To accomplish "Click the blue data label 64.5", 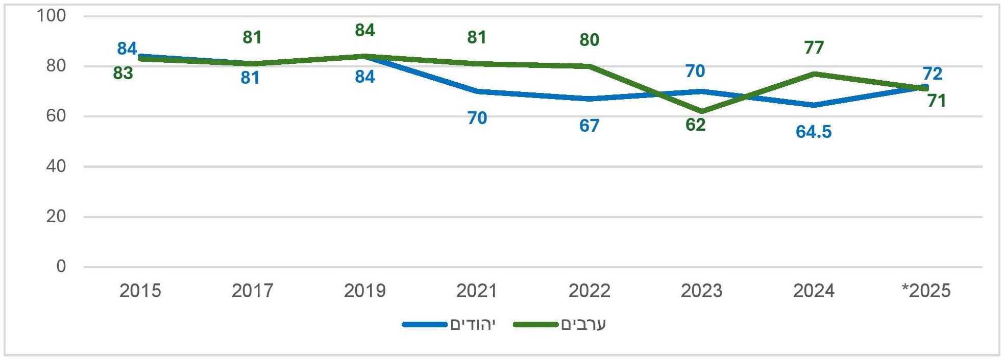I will click(x=813, y=132).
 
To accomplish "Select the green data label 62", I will click(x=695, y=125).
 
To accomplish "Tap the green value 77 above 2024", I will click(x=814, y=47).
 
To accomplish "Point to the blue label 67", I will click(x=589, y=126).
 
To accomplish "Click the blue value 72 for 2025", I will click(x=932, y=74).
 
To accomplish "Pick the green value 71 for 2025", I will click(x=937, y=101).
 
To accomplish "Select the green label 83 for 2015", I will click(x=123, y=74).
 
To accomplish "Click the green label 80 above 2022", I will click(x=589, y=40).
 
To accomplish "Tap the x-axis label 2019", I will click(x=364, y=291).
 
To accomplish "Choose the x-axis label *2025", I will click(x=926, y=291).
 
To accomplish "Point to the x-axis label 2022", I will click(x=589, y=291).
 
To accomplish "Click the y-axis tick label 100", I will click(x=51, y=16).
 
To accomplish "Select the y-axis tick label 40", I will click(x=56, y=166).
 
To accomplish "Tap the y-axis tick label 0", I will click(x=61, y=266).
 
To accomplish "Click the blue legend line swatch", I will click(x=425, y=325).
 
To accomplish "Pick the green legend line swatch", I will click(x=536, y=325).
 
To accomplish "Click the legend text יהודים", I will click(x=473, y=325).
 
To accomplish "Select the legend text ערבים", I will click(x=583, y=325).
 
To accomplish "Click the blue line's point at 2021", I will click(x=477, y=91).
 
